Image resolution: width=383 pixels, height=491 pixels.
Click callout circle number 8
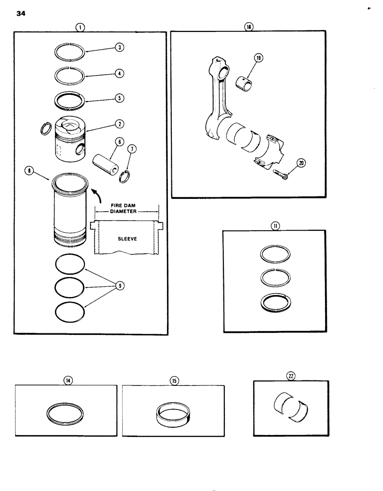click(29, 171)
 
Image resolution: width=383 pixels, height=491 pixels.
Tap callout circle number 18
click(249, 28)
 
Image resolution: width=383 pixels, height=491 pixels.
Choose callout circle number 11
click(275, 226)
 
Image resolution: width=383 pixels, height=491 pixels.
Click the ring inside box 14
click(66, 411)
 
